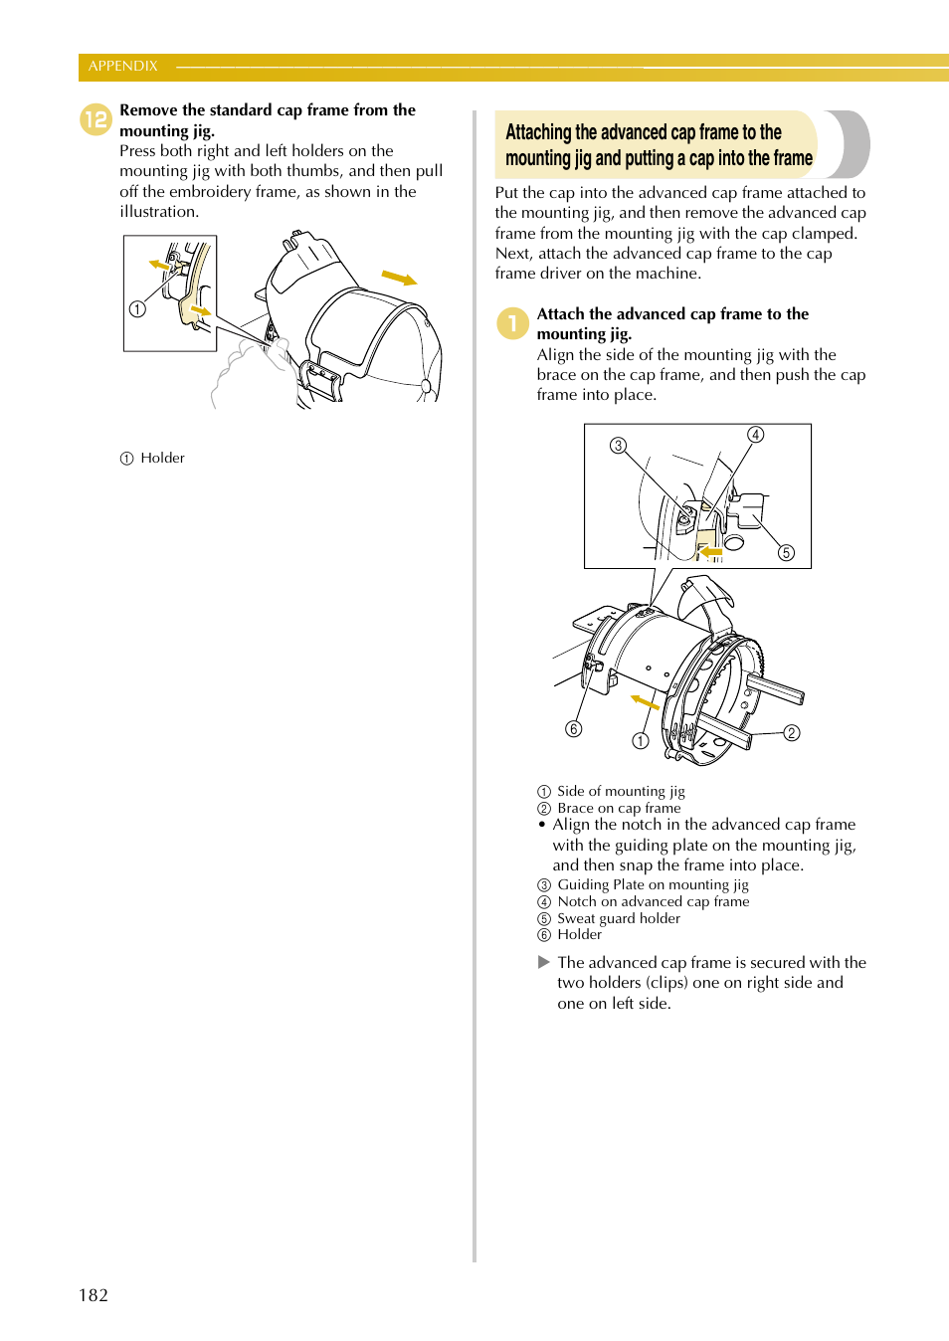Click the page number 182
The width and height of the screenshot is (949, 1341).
(x=94, y=1294)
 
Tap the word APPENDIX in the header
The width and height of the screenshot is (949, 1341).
(x=123, y=66)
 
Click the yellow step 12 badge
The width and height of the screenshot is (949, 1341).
(x=95, y=120)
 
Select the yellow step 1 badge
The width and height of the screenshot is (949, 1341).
(x=512, y=323)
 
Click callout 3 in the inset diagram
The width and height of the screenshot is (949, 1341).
(x=619, y=445)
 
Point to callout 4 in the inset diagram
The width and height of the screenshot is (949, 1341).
(x=756, y=435)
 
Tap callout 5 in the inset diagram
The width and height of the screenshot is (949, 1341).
(x=786, y=552)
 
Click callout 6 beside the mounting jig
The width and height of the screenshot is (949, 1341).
(x=574, y=729)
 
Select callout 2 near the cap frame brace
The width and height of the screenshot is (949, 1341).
(x=792, y=733)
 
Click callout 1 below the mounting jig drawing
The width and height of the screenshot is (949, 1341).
(x=641, y=740)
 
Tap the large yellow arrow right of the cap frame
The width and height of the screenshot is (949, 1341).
(x=399, y=278)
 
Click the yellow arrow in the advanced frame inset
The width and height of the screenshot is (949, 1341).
(x=710, y=550)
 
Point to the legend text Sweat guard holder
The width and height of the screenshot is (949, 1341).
(x=619, y=918)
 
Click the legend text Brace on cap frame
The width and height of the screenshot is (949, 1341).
(x=619, y=808)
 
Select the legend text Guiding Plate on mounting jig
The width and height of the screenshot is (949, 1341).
(x=653, y=884)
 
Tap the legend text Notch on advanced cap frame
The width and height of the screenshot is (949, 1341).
(x=654, y=901)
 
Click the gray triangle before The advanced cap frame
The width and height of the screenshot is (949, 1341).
(x=544, y=962)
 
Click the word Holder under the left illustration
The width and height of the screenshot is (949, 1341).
(x=162, y=458)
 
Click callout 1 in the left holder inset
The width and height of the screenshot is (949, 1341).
(x=137, y=309)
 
